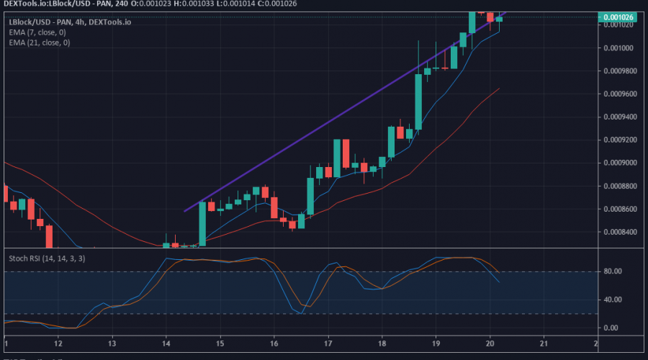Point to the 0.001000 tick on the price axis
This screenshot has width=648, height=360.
[618, 48]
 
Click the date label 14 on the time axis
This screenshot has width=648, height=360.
[166, 344]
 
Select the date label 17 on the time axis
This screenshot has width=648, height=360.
[328, 344]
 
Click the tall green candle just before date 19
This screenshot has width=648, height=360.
[418, 102]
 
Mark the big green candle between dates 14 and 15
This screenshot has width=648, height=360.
[202, 223]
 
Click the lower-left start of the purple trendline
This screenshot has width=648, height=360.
[186, 211]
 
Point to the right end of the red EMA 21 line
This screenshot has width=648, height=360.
[499, 89]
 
